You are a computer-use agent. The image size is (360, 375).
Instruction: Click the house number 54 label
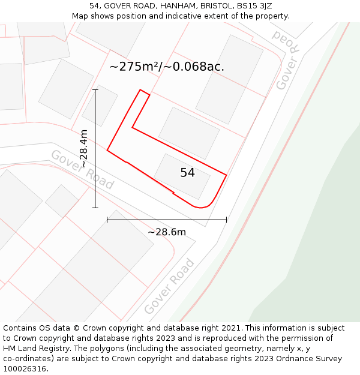click(x=187, y=173)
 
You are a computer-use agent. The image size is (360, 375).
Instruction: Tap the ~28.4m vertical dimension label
click(x=84, y=148)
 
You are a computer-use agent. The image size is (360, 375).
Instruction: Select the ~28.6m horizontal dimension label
click(x=167, y=232)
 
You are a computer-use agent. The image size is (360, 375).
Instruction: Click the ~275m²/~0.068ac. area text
click(x=167, y=67)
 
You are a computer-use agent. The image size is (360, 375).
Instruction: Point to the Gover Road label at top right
click(x=287, y=59)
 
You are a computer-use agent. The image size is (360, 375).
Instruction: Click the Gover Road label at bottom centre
click(x=170, y=286)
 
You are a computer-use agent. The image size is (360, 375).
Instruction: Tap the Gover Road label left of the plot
click(x=82, y=170)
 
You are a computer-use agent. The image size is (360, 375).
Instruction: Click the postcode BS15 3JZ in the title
click(x=254, y=6)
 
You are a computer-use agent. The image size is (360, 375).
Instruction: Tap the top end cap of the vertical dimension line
click(x=95, y=89)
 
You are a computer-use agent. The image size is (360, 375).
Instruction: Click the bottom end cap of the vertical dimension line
click(x=95, y=208)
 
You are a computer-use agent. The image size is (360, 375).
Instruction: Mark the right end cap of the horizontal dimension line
click(x=226, y=220)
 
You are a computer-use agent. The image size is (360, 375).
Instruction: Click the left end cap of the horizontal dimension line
click(x=107, y=220)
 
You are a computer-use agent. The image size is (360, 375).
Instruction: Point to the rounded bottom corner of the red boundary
click(x=203, y=207)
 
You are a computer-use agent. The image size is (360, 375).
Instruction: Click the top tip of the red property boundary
click(x=140, y=91)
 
